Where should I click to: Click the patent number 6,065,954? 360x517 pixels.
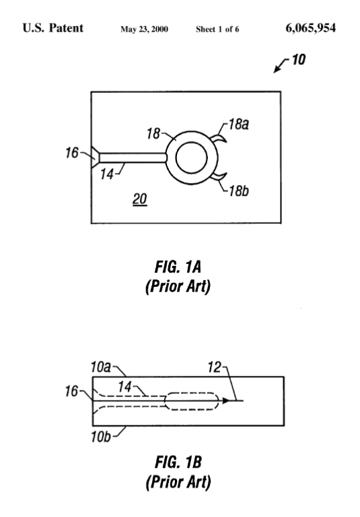(x=311, y=28)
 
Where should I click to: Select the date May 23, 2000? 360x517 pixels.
(x=144, y=30)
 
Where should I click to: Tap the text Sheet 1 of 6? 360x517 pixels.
(x=217, y=30)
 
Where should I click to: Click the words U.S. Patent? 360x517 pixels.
(x=52, y=28)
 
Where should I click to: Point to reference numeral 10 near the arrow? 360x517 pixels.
(x=298, y=60)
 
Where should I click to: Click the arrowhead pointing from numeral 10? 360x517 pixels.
(x=277, y=69)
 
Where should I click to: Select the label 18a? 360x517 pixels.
(x=239, y=125)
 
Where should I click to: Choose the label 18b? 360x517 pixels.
(x=239, y=191)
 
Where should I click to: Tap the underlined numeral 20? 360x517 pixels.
(x=140, y=199)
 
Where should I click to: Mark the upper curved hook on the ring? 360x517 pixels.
(x=219, y=139)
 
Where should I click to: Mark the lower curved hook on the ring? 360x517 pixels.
(x=219, y=177)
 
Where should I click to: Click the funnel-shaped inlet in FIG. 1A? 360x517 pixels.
(x=95, y=158)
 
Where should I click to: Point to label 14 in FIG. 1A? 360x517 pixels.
(x=107, y=174)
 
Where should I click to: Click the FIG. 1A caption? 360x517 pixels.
(x=178, y=267)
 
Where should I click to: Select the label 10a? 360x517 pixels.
(x=101, y=367)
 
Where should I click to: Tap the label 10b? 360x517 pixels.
(x=101, y=436)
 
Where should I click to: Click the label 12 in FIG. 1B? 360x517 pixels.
(x=214, y=367)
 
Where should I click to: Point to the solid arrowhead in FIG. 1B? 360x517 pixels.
(x=226, y=401)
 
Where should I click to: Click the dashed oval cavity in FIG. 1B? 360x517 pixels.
(x=192, y=393)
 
